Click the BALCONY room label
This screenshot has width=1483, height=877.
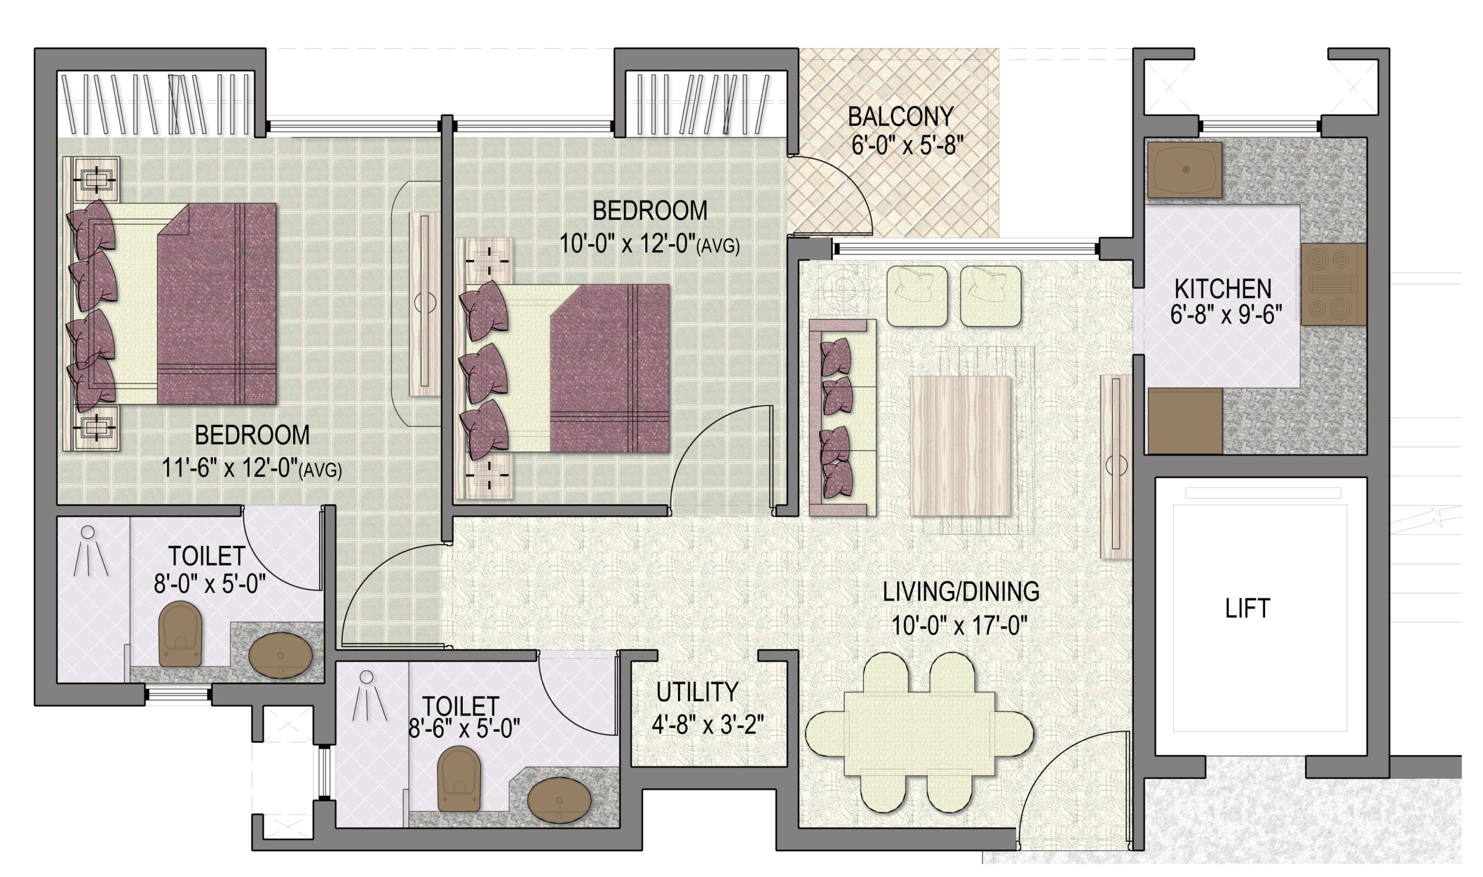[x=900, y=116]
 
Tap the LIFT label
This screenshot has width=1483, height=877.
[x=1247, y=608]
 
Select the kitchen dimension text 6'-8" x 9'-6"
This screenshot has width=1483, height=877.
[x=1225, y=314]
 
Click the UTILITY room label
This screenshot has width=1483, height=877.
[x=697, y=692]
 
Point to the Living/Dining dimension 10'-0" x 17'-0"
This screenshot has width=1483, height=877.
[x=959, y=625]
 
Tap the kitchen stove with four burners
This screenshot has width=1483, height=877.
[x=1333, y=284]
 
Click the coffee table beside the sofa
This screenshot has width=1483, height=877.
[x=960, y=446]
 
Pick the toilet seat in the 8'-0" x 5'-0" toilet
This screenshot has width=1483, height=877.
[x=181, y=634]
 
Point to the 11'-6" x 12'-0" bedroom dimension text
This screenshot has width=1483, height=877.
[x=251, y=469]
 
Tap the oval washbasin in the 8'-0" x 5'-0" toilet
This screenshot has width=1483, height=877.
[x=280, y=656]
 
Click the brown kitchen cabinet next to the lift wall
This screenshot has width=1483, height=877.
[x=1185, y=421]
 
